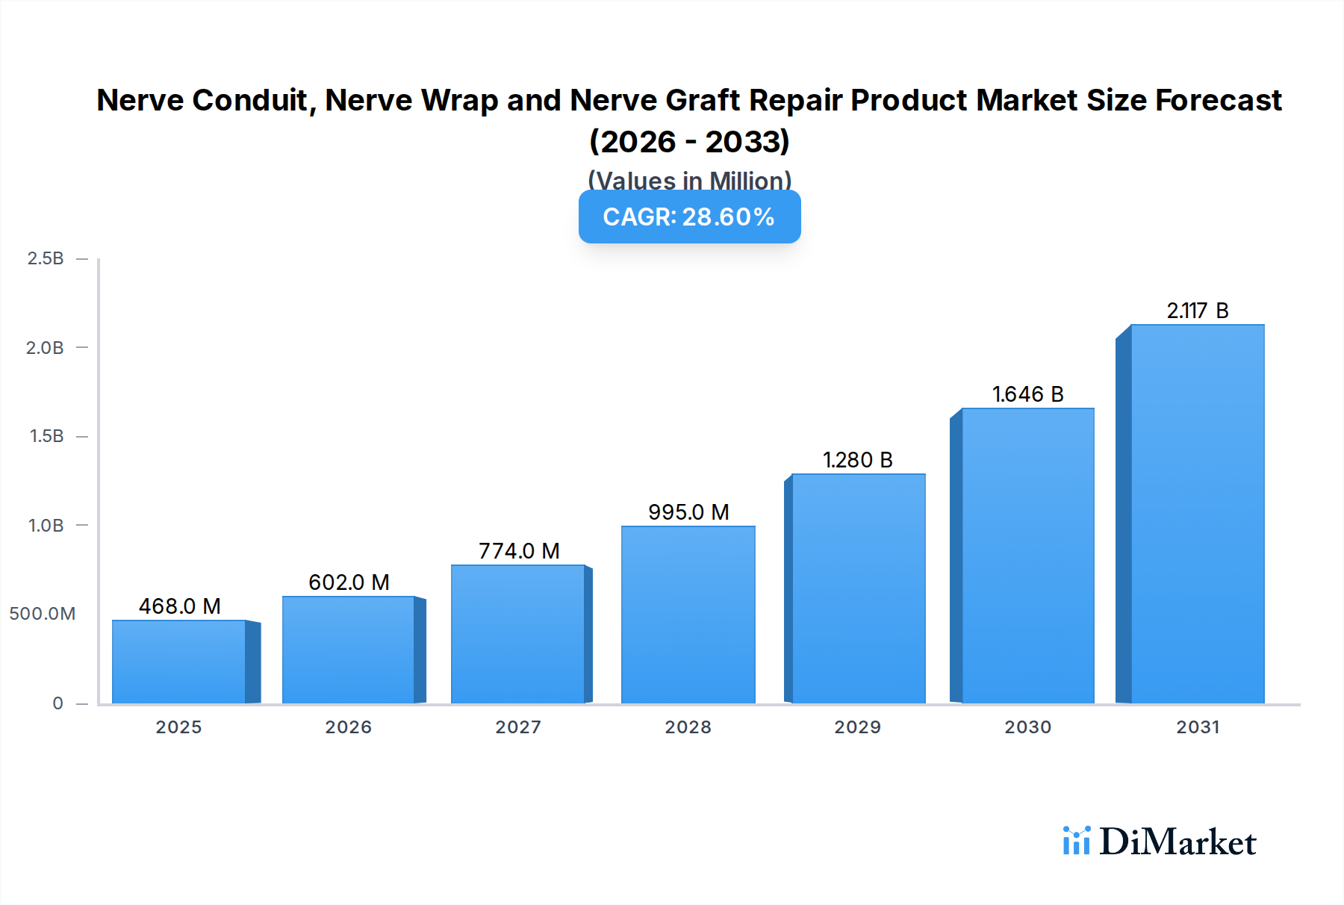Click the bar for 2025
179,662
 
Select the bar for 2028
688,615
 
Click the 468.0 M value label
180,606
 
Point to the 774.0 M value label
519,551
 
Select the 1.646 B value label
1027,394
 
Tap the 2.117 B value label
1198,311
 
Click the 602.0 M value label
349,582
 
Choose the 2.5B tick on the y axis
46,258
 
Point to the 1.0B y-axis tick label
46,526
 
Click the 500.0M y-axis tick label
43,614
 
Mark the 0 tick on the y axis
57,703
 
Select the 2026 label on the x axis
348,727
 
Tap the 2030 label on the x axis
1027,727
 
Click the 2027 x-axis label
518,727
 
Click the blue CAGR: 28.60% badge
689,217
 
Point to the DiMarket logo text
1177,842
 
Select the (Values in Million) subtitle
689,180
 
